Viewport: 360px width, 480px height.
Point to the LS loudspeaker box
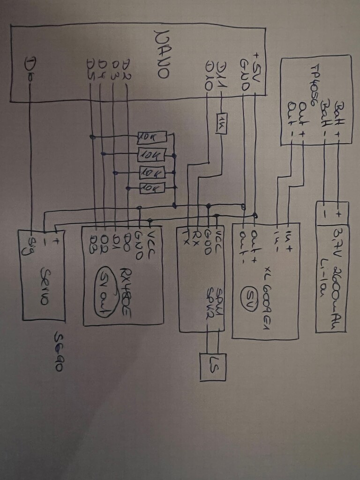tap(213, 366)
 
